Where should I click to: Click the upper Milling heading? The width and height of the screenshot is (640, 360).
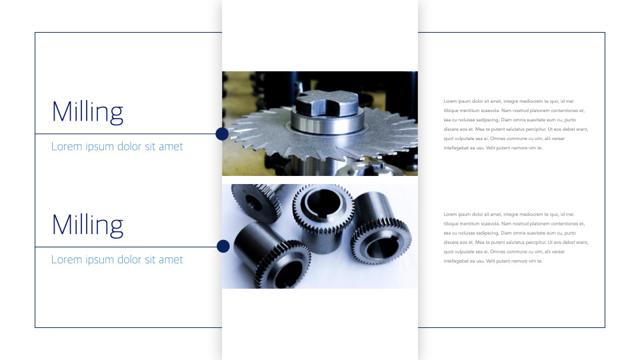click(87, 112)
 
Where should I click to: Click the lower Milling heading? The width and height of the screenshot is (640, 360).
click(87, 225)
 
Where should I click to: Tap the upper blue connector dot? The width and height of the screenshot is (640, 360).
click(223, 134)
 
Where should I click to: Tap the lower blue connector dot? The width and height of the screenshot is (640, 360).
click(223, 247)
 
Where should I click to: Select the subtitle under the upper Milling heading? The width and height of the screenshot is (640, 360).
click(117, 147)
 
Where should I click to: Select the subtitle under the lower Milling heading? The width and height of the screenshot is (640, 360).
click(117, 260)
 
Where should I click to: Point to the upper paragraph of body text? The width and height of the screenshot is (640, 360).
click(515, 124)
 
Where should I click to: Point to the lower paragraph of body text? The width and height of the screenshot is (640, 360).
click(515, 237)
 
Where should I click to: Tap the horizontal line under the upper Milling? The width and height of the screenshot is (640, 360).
click(127, 134)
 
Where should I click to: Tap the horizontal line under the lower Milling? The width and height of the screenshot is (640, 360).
click(127, 247)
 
